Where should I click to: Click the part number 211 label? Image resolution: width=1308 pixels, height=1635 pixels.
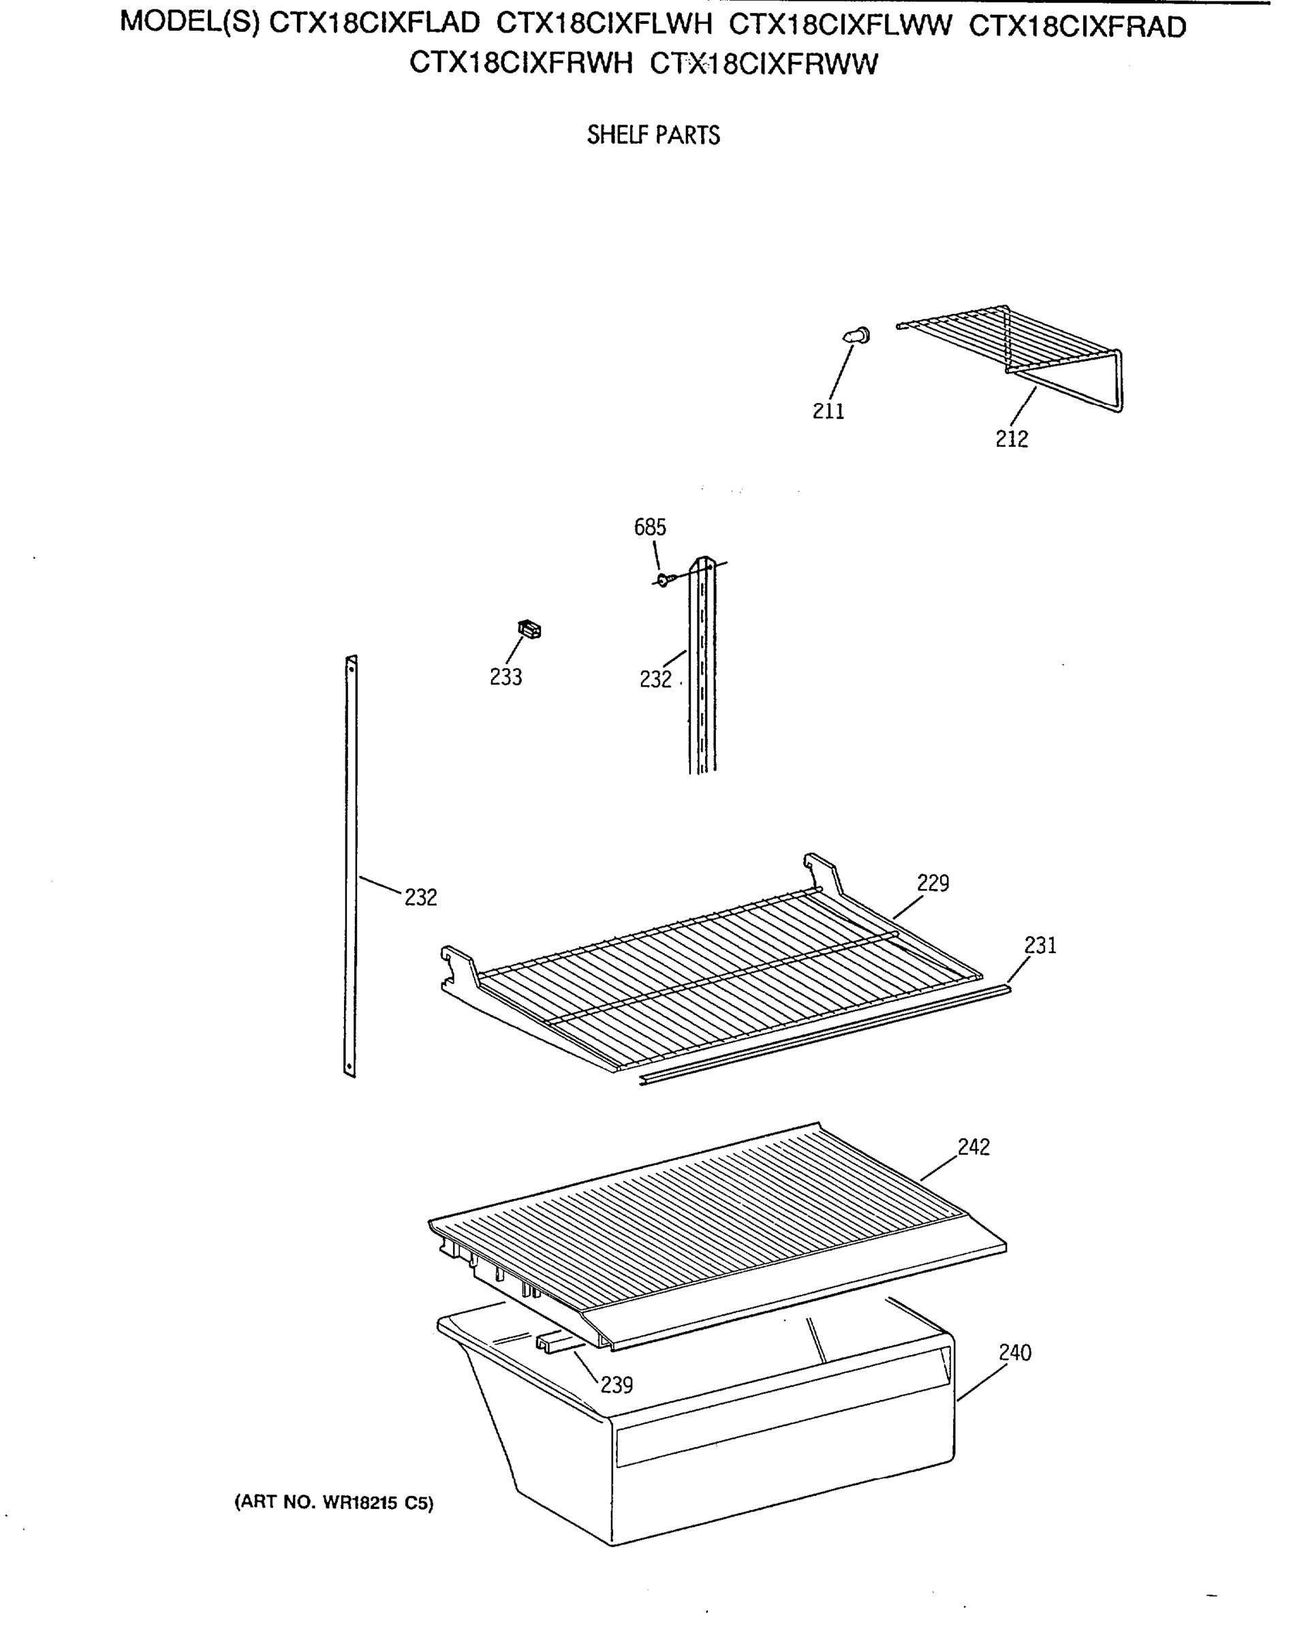828,411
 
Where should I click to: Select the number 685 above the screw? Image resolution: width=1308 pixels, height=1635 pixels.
650,527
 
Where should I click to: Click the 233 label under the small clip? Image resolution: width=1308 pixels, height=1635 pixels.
505,676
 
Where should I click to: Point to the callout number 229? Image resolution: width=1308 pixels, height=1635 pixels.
933,883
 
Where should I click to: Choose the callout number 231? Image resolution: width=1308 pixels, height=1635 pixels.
1040,945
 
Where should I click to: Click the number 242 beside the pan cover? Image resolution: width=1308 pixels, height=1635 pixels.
974,1147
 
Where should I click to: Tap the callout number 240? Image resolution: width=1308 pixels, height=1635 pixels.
1014,1352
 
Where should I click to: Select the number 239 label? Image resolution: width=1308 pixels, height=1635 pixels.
617,1385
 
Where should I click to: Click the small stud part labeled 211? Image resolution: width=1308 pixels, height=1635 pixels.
858,335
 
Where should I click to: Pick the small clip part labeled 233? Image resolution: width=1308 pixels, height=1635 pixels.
529,629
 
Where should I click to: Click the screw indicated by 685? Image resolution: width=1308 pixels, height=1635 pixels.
664,580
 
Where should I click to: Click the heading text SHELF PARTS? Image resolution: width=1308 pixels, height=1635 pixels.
653,136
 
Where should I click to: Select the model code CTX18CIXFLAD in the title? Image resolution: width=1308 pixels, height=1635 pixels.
375,25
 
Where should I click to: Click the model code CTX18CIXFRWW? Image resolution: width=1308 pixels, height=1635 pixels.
764,64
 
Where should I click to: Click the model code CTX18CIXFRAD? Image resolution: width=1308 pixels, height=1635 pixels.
1077,27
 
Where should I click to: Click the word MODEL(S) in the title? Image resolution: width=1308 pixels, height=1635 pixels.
189,22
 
